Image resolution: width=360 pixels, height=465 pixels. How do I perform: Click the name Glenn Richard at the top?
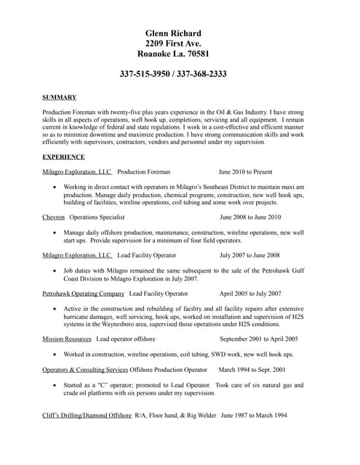click(x=173, y=33)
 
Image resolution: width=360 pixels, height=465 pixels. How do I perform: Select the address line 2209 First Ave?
click(x=173, y=44)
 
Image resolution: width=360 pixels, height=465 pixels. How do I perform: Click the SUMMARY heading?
click(x=60, y=97)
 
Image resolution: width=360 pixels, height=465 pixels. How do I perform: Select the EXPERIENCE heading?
click(x=64, y=157)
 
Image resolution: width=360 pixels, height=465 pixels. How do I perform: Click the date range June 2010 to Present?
click(x=245, y=172)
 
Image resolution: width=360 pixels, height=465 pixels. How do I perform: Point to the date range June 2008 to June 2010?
click(x=250, y=217)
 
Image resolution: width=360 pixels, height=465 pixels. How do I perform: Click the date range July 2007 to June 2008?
click(x=249, y=256)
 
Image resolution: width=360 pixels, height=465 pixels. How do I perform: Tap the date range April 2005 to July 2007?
click(x=250, y=294)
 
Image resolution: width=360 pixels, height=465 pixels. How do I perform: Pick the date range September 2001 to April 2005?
click(x=259, y=339)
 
